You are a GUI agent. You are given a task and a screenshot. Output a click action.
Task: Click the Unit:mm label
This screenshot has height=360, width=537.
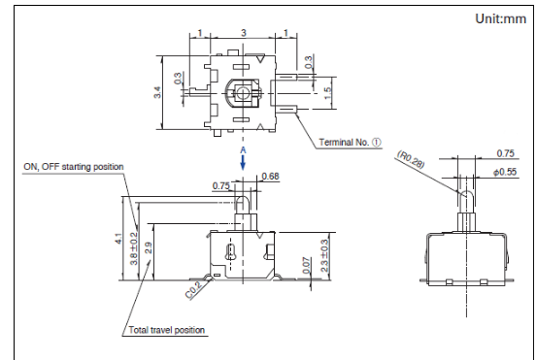(x=500, y=18)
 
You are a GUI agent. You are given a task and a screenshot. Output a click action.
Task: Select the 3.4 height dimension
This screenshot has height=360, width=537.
(x=157, y=92)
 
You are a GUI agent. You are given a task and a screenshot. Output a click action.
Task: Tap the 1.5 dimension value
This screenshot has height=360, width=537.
(x=327, y=93)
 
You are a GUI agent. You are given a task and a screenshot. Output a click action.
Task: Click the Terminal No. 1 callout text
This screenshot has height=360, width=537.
(x=350, y=142)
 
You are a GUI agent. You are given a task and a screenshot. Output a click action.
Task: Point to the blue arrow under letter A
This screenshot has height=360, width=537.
(x=243, y=163)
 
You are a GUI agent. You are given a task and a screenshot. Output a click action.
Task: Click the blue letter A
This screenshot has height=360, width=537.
(x=243, y=150)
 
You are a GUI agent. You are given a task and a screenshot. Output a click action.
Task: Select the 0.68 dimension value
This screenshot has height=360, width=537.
(x=270, y=177)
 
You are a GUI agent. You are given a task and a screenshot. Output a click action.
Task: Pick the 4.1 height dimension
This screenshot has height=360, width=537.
(x=118, y=238)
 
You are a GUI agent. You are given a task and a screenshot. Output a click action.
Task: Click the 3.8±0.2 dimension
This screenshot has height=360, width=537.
(x=134, y=248)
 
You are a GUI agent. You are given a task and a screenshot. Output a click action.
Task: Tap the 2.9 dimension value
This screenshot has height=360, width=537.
(x=149, y=247)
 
